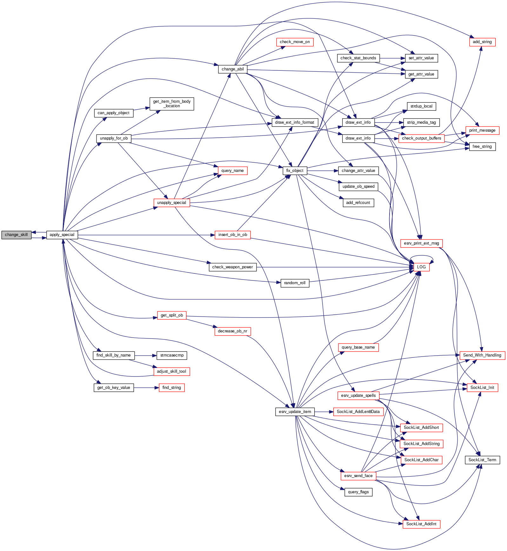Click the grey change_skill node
tap(16, 235)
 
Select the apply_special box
tap(62, 235)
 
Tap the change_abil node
tap(233, 69)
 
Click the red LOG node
tap(421, 267)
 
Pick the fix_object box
tap(295, 171)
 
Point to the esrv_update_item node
tap(295, 412)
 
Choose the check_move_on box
tap(295, 42)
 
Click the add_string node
tap(482, 42)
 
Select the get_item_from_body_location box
tap(172, 104)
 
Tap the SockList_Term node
tap(482, 460)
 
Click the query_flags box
tap(358, 492)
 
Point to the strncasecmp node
tap(172, 355)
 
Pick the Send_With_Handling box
tap(482, 355)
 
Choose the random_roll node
tap(295, 283)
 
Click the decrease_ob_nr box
tap(232, 331)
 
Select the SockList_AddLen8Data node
tap(358, 412)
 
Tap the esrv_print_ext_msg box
tap(421, 243)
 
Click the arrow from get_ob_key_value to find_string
tap(146, 388)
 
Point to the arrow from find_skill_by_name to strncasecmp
tap(145, 355)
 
